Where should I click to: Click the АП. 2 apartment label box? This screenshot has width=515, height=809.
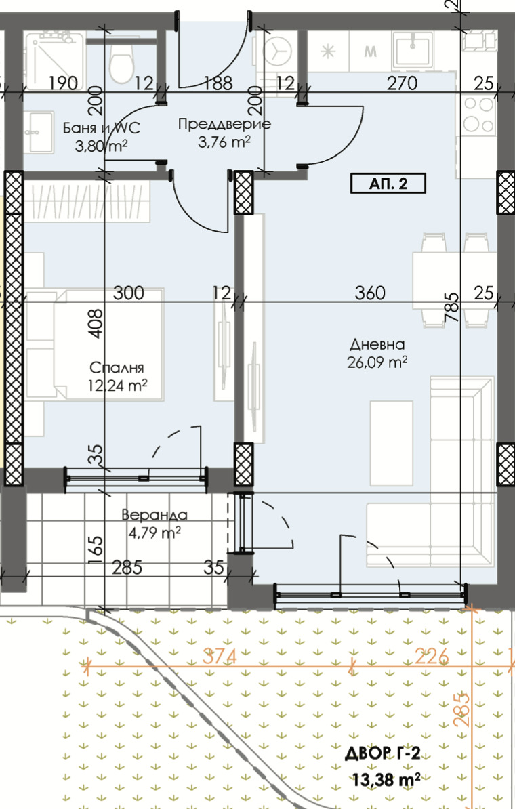pyautogui.click(x=388, y=183)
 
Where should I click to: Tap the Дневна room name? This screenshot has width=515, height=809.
pyautogui.click(x=377, y=344)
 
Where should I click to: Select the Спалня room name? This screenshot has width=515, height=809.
pyautogui.click(x=117, y=368)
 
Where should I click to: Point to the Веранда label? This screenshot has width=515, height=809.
pyautogui.click(x=154, y=514)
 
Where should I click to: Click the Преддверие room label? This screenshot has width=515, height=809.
pyautogui.click(x=224, y=124)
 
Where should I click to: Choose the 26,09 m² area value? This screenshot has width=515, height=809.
pyautogui.click(x=377, y=362)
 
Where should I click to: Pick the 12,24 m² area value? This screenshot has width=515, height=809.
pyautogui.click(x=118, y=386)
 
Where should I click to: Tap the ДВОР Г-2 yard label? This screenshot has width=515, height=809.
pyautogui.click(x=382, y=754)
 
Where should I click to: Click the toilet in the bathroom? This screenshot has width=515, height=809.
pyautogui.click(x=121, y=61)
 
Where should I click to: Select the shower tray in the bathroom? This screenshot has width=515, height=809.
pyautogui.click(x=55, y=60)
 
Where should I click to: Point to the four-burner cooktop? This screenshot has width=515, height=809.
pyautogui.click(x=478, y=115)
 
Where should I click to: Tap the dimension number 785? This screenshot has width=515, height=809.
pyautogui.click(x=451, y=308)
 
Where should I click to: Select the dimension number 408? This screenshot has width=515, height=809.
pyautogui.click(x=96, y=323)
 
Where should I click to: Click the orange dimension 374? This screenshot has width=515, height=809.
pyautogui.click(x=220, y=657)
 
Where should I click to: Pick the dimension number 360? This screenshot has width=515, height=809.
pyautogui.click(x=370, y=293)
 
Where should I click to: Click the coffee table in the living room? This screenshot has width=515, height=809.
pyautogui.click(x=391, y=443)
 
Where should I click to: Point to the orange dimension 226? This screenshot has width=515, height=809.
pyautogui.click(x=432, y=657)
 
